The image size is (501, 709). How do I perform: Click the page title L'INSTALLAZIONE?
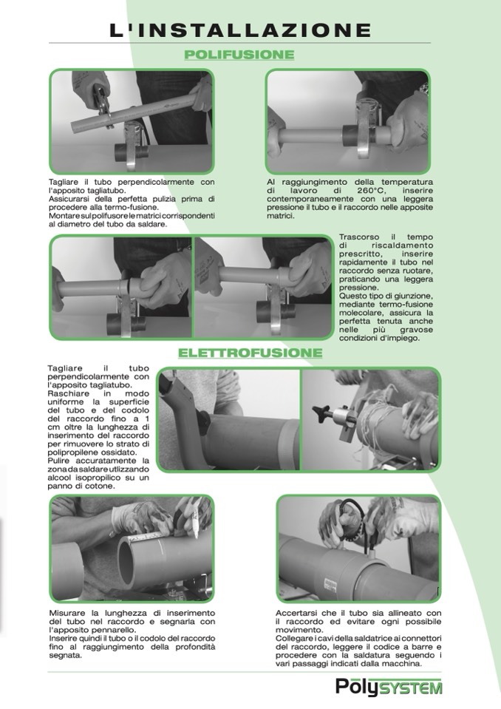240,30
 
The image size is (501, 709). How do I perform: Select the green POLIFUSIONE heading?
239,55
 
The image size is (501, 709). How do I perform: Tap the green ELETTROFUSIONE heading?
250,353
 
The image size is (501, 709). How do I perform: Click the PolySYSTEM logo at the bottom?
389,686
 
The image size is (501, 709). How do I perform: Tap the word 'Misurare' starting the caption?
67,613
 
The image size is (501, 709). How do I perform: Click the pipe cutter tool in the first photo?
103,103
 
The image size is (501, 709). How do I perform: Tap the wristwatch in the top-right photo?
423,89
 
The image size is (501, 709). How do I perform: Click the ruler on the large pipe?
146,537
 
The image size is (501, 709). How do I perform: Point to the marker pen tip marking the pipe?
197,535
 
